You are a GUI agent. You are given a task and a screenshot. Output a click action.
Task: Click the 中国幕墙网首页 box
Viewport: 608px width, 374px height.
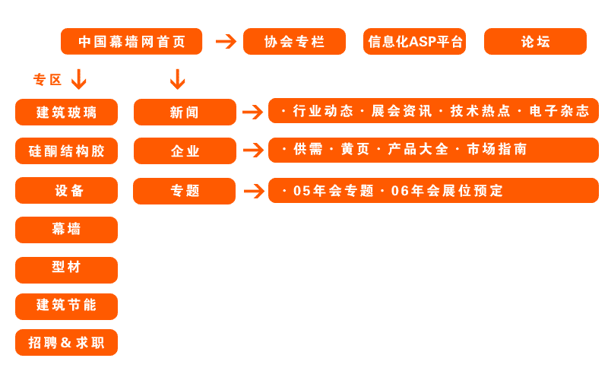tap(131, 42)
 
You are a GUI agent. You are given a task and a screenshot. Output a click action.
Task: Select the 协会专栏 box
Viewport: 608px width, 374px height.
tap(294, 42)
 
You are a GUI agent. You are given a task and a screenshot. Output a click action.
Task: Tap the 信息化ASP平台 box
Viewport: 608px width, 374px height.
tap(415, 42)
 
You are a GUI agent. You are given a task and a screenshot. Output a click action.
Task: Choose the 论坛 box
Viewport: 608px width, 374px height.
tap(535, 42)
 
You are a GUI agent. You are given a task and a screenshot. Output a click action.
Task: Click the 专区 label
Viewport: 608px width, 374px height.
tap(47, 80)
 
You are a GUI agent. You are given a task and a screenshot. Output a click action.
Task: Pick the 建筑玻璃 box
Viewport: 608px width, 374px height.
tap(66, 113)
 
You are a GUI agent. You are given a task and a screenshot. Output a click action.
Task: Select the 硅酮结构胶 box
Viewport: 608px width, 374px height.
tap(66, 151)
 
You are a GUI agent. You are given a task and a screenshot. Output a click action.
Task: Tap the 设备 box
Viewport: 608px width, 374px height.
tap(66, 191)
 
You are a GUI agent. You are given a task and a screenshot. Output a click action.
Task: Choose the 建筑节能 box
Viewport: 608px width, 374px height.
tap(66, 306)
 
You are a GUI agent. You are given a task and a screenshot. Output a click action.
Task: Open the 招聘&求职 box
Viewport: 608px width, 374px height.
tap(66, 343)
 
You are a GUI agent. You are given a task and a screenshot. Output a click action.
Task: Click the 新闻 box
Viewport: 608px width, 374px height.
tap(185, 113)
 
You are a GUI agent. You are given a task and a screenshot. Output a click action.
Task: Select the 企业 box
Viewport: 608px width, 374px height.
tap(185, 151)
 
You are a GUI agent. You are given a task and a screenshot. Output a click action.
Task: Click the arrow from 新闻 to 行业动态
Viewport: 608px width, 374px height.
tap(252, 113)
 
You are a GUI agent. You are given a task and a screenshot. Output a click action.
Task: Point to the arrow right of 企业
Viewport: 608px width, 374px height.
tap(252, 151)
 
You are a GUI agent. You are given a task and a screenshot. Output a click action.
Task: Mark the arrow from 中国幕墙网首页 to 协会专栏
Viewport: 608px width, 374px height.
tap(226, 41)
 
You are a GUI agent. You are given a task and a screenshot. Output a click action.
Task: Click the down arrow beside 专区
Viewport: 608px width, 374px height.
tap(78, 79)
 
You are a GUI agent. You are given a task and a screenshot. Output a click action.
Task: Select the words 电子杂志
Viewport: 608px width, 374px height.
tap(559, 111)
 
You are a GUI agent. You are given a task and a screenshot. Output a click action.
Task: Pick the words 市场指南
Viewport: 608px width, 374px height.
tap(497, 150)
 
